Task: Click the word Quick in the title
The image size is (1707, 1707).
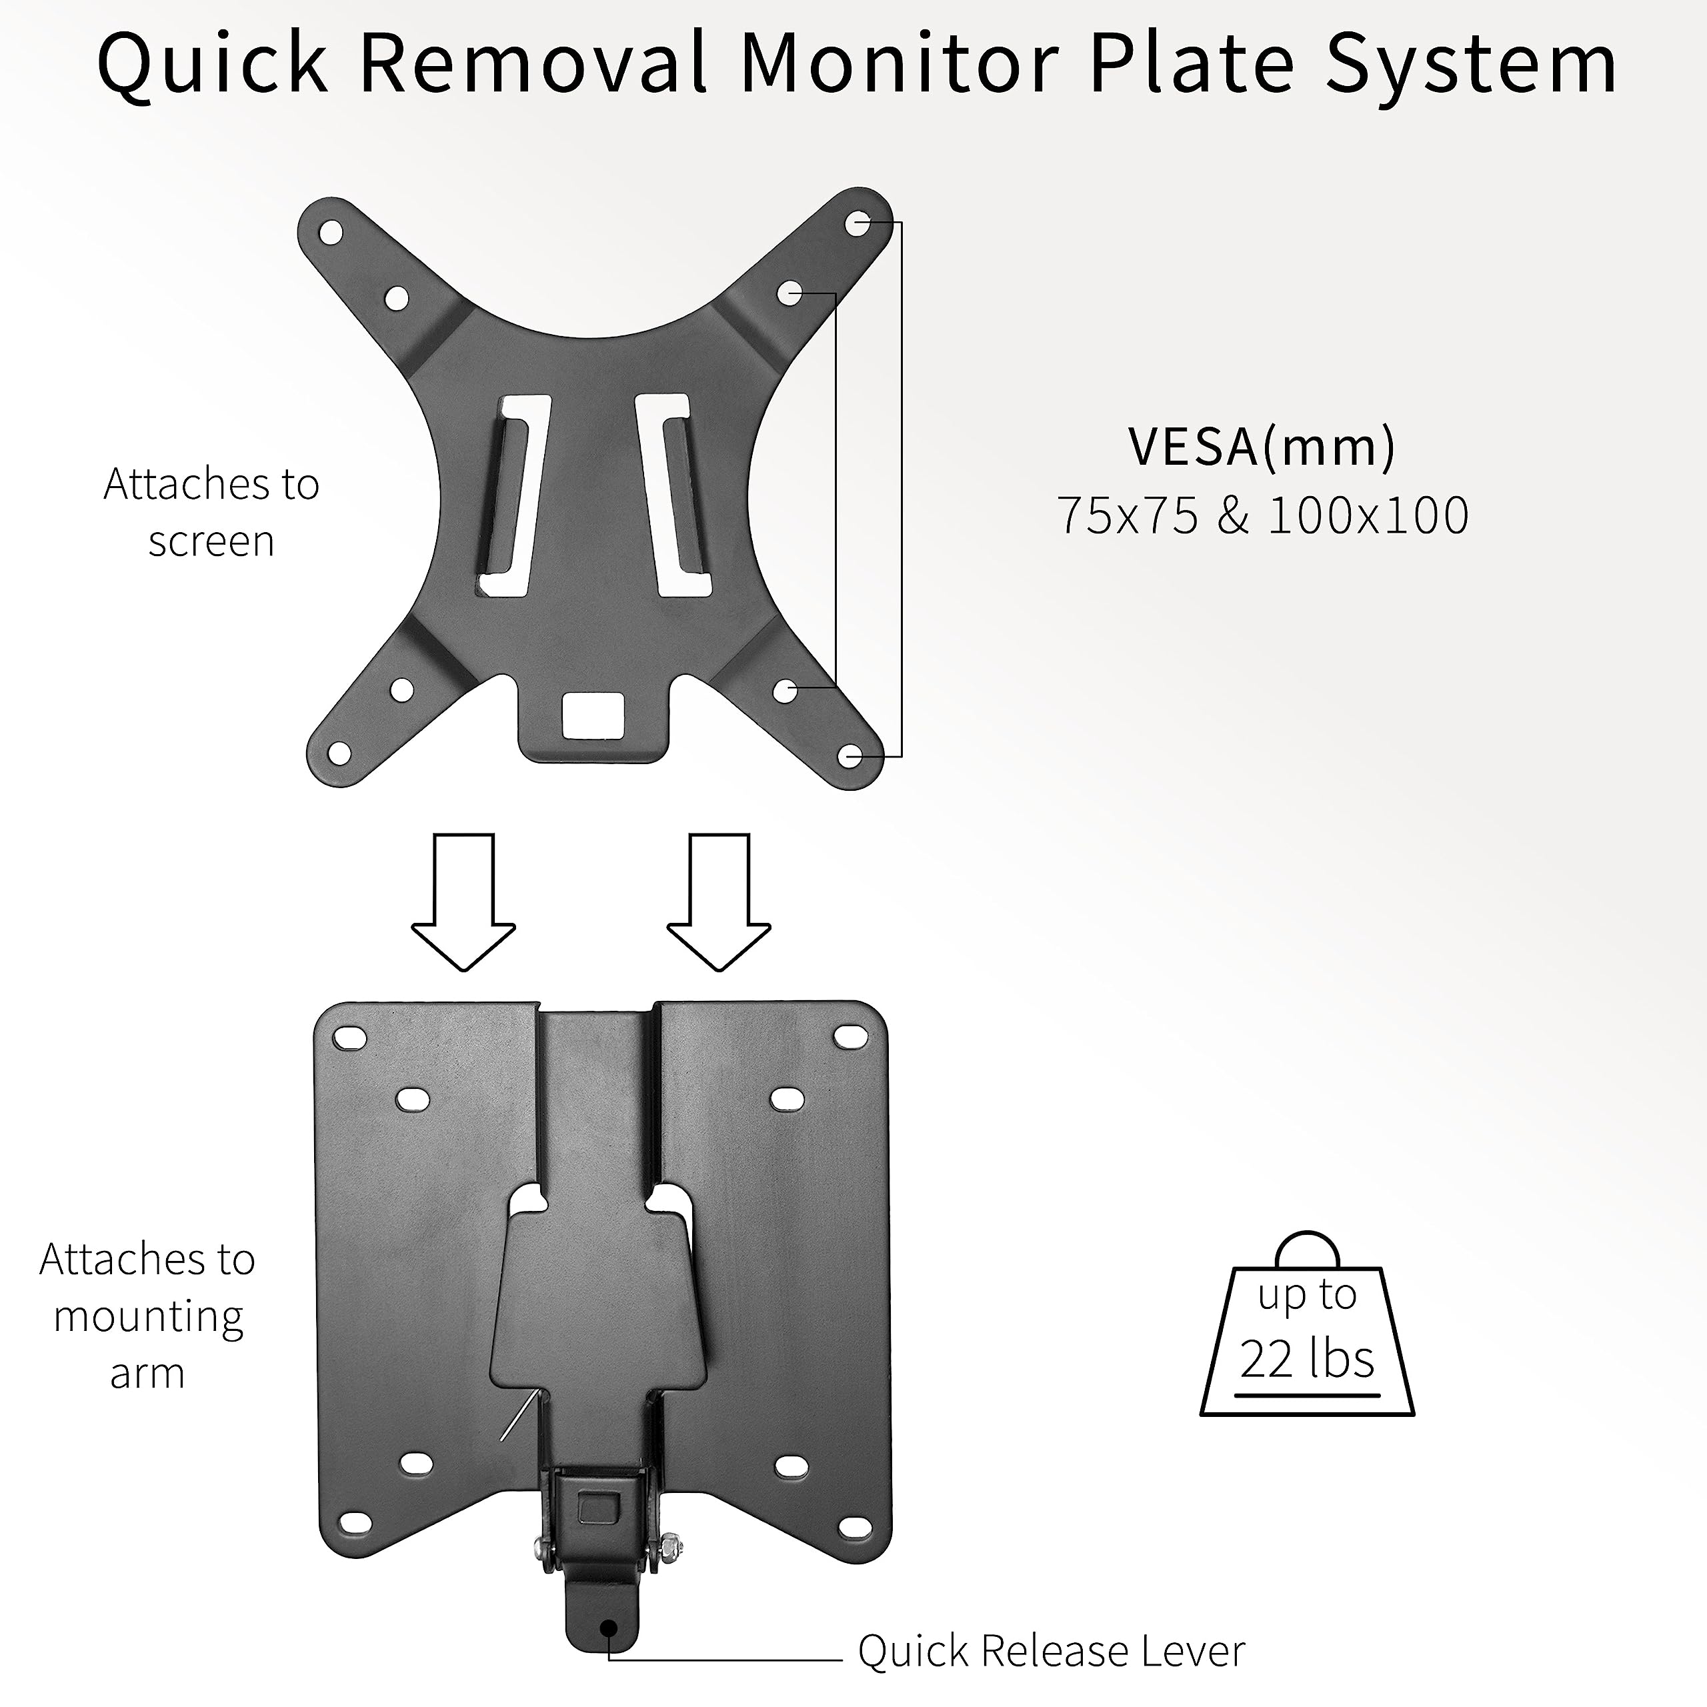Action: click(212, 65)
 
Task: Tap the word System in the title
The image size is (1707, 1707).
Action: click(1470, 65)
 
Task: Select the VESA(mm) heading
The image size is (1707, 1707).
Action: click(1262, 447)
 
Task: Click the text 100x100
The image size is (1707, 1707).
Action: click(1368, 516)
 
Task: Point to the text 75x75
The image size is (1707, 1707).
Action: click(1128, 516)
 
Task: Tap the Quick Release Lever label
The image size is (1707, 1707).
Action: click(1052, 1650)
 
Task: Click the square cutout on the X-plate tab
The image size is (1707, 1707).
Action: click(593, 714)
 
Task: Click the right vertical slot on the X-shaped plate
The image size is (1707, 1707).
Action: click(676, 495)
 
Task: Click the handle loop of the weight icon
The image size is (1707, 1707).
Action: click(1308, 1248)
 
